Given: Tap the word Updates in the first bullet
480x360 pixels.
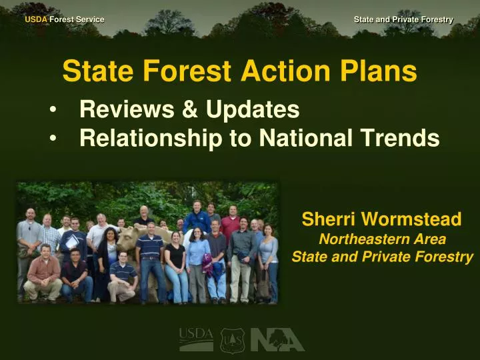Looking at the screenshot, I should click(x=253, y=109).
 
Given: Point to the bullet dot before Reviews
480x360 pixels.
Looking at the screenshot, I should click(x=53, y=110).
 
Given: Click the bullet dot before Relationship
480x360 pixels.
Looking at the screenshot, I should click(x=53, y=139).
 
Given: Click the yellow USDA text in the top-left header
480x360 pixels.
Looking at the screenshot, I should click(x=36, y=19).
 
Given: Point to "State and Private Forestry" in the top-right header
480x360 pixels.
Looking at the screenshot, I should click(x=403, y=19).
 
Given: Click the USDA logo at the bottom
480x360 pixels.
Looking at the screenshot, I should click(x=196, y=339).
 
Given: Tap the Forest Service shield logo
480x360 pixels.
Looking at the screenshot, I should click(x=233, y=339).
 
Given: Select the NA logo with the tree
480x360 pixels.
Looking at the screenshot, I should click(x=277, y=339).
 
